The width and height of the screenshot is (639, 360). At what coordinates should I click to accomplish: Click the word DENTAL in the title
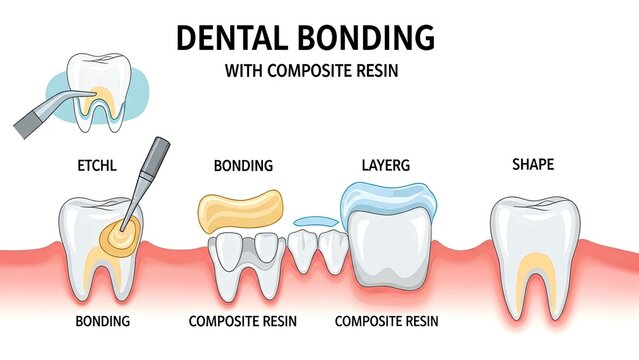click(x=236, y=37)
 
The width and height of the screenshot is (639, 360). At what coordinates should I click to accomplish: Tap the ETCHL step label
click(x=96, y=165)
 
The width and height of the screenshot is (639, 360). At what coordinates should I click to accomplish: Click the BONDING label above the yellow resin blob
click(x=243, y=165)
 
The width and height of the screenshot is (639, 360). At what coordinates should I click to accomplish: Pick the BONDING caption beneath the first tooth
click(x=102, y=321)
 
